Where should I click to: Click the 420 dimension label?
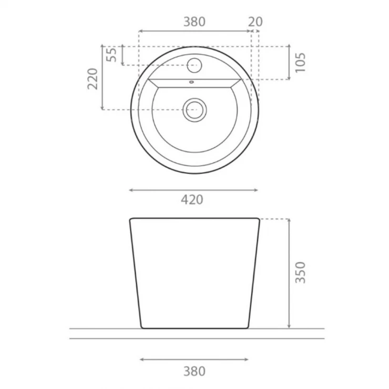(192, 200)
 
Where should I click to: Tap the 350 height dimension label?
(300, 272)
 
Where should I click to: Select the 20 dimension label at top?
(255, 22)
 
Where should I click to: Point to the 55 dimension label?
(111, 55)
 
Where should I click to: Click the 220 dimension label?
(93, 79)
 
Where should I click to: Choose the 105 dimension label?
(300, 63)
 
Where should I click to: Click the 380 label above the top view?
(194, 22)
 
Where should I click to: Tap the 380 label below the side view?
(194, 371)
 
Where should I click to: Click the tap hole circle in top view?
(194, 65)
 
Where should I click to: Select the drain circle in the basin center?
(194, 110)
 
